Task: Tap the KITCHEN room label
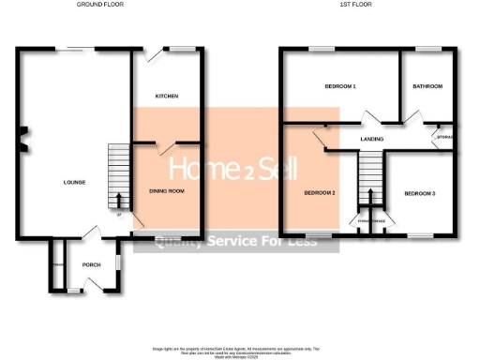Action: coord(167,97)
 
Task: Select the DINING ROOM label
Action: coord(167,191)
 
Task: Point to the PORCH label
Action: coord(91,265)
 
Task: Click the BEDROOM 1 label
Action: coord(339,87)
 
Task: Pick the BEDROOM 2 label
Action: coord(319,194)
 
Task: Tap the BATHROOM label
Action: coord(427,87)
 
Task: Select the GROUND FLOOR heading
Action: coord(100,5)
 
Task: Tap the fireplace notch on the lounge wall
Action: coord(23,140)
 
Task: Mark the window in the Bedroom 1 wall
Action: coord(322,48)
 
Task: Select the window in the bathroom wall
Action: coord(428,48)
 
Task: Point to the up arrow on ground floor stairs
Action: coord(119,200)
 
